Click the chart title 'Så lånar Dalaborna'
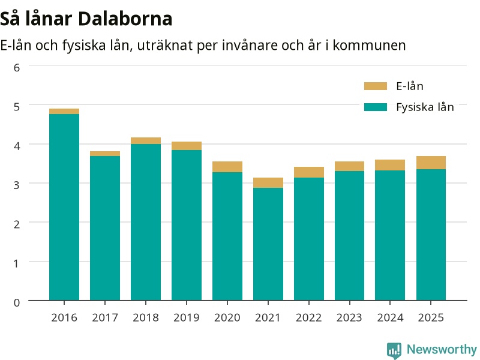point(86,19)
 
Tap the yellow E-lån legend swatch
point(376,86)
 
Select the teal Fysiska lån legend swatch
point(376,107)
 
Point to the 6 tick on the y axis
point(17,67)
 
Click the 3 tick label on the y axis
point(17,185)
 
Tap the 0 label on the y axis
point(17,302)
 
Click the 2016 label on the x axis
point(64,317)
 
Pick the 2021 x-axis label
point(268,317)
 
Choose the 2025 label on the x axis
point(431,317)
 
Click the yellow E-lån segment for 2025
point(431,163)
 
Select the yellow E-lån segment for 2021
point(268,183)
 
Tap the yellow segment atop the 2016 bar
point(64,112)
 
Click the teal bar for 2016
point(64,207)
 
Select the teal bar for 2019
point(187,225)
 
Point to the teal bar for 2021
point(268,244)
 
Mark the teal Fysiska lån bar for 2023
point(349,236)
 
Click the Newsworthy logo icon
point(394,350)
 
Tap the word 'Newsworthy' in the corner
point(442,349)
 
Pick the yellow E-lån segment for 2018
point(146,141)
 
